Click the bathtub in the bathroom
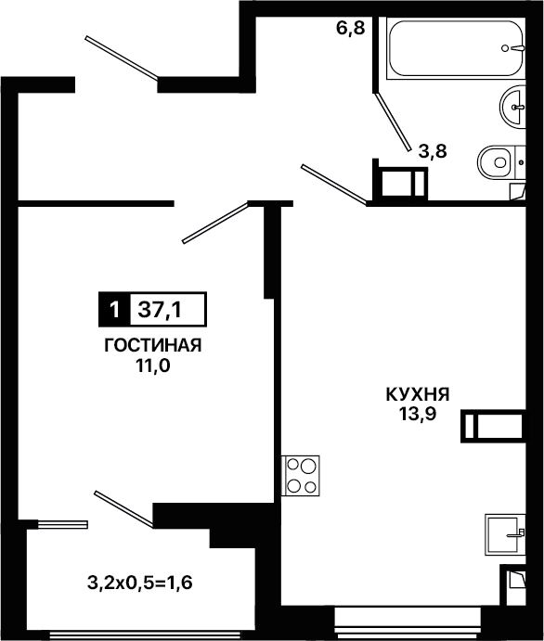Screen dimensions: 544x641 coord(456,48)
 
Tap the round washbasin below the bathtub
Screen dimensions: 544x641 coord(512,107)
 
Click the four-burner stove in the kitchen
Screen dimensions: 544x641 coord(301,476)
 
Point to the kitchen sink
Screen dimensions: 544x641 coord(505,534)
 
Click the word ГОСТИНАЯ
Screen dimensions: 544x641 coord(153,345)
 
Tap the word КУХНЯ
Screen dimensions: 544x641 coord(418,394)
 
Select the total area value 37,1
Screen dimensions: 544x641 coord(160,310)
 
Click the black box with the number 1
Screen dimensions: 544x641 coord(114,310)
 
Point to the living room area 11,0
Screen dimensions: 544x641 coord(153,366)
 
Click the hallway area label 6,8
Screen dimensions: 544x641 coord(351,29)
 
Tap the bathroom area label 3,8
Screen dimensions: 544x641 coord(433,151)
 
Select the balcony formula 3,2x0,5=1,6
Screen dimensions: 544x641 coord(140,583)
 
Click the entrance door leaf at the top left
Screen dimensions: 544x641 coord(122,58)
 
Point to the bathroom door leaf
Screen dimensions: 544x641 coord(393,122)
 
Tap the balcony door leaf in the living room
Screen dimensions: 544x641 coord(124,509)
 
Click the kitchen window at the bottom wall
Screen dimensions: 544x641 coord(408,618)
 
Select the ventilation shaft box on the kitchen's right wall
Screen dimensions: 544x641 coord(493,426)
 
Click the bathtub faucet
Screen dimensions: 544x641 coord(513,48)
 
